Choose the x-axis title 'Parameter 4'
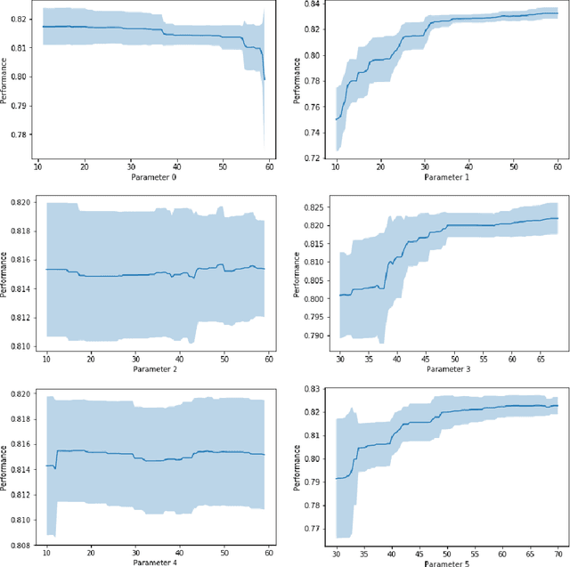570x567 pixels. pos(156,561)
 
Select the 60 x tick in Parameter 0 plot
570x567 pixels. pos(270,166)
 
